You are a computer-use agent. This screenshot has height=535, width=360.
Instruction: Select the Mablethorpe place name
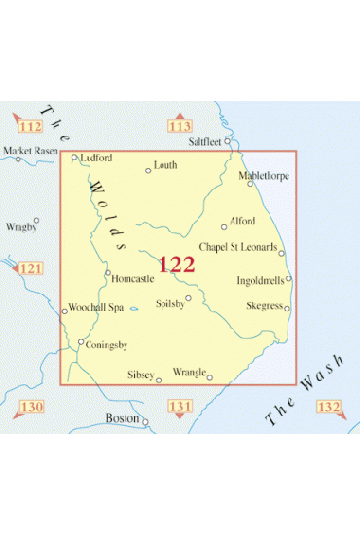click(x=264, y=176)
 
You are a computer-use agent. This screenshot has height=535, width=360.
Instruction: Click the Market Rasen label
click(x=28, y=151)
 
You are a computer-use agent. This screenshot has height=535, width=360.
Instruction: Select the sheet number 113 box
click(x=180, y=125)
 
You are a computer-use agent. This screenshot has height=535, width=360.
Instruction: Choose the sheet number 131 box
click(x=180, y=406)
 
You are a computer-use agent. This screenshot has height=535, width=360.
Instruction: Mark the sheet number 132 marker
click(x=328, y=406)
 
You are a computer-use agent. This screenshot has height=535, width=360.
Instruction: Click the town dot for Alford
click(x=224, y=227)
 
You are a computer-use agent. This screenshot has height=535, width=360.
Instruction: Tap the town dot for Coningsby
click(x=81, y=341)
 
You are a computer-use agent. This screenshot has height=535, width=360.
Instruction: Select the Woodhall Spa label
click(x=96, y=307)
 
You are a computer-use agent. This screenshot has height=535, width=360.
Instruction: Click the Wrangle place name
click(x=190, y=372)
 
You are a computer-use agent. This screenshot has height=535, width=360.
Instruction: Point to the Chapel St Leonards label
click(x=238, y=246)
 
